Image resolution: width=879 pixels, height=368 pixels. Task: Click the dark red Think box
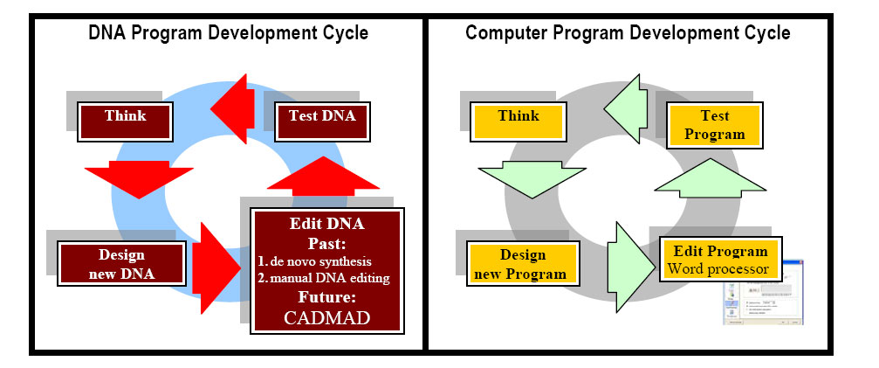[125, 116]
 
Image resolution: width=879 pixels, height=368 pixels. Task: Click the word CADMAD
[326, 318]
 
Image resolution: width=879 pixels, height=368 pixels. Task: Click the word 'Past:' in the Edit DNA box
[326, 242]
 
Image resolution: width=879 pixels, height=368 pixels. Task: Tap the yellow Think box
[518, 116]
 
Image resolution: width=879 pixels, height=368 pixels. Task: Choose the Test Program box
[714, 125]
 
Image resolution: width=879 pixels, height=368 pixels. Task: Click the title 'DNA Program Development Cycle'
[228, 33]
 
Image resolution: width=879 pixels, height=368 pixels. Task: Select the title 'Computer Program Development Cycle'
[628, 33]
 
